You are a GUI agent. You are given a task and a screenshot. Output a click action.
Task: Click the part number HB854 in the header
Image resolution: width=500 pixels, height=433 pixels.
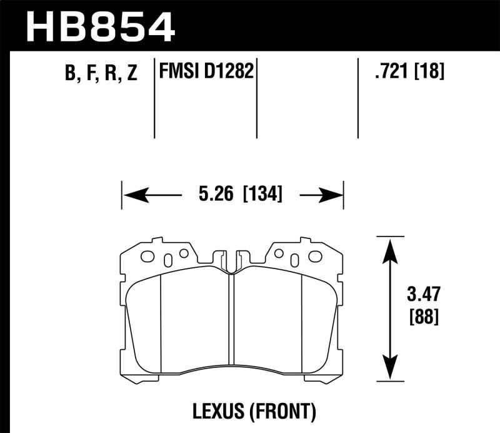[101, 26]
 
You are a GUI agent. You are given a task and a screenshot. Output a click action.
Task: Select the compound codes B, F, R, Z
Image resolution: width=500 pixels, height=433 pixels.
[101, 74]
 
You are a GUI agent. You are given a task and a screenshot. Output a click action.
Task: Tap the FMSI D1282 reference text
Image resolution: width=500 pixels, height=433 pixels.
[207, 71]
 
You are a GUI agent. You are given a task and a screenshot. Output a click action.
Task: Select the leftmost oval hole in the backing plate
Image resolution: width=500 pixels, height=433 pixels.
[148, 256]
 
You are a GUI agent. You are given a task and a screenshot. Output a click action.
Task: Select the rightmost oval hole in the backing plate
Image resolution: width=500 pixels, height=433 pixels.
[315, 256]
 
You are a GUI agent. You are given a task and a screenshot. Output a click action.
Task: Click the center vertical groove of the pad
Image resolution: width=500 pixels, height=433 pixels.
[231, 319]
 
